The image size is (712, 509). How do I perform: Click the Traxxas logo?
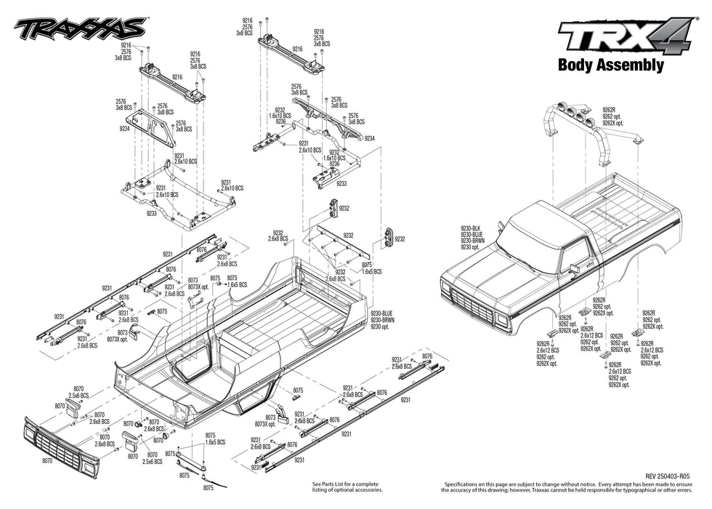click(x=80, y=29)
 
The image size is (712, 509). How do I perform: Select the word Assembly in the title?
click(x=628, y=65)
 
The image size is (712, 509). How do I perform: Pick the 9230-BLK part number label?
click(x=470, y=229)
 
